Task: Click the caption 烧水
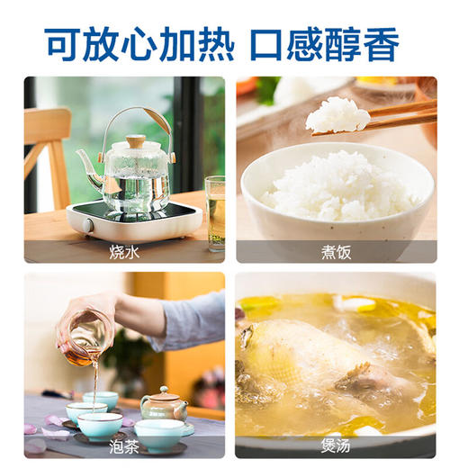(124, 251)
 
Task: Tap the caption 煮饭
(336, 251)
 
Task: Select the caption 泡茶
(124, 445)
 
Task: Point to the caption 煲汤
(336, 445)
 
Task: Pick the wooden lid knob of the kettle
(135, 141)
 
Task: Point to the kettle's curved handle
(135, 117)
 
